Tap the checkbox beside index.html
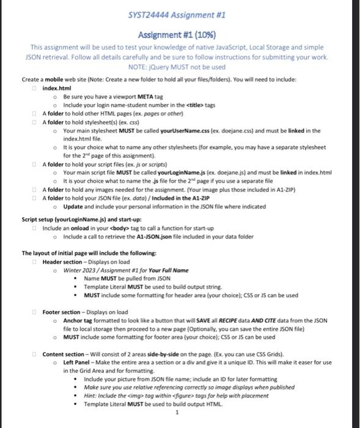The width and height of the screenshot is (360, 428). [x=36, y=89]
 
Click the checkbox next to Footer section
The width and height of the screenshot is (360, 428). [x=36, y=312]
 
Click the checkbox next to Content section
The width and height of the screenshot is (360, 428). [x=36, y=354]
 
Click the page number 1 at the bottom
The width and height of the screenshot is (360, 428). [x=177, y=412]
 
